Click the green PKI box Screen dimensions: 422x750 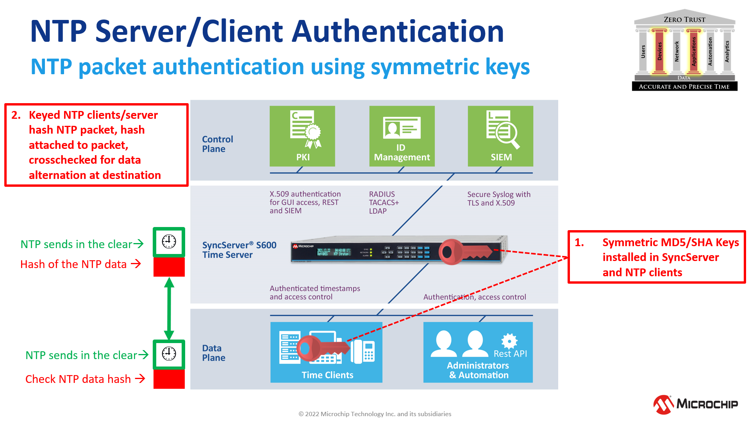[302, 136]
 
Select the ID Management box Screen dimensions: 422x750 [402, 136]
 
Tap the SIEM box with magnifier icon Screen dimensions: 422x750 [500, 136]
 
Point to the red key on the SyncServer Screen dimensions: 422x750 [465, 252]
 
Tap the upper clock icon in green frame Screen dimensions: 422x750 [169, 241]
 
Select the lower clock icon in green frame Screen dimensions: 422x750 [169, 354]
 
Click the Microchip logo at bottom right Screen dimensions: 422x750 [695, 404]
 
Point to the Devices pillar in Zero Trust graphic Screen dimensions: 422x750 [659, 51]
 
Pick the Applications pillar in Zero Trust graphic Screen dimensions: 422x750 [694, 51]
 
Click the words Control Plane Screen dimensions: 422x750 [217, 144]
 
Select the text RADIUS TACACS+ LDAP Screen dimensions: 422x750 [384, 202]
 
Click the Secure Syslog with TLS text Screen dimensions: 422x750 [498, 198]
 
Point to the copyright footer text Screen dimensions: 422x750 [375, 414]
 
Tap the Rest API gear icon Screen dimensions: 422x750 [509, 341]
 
